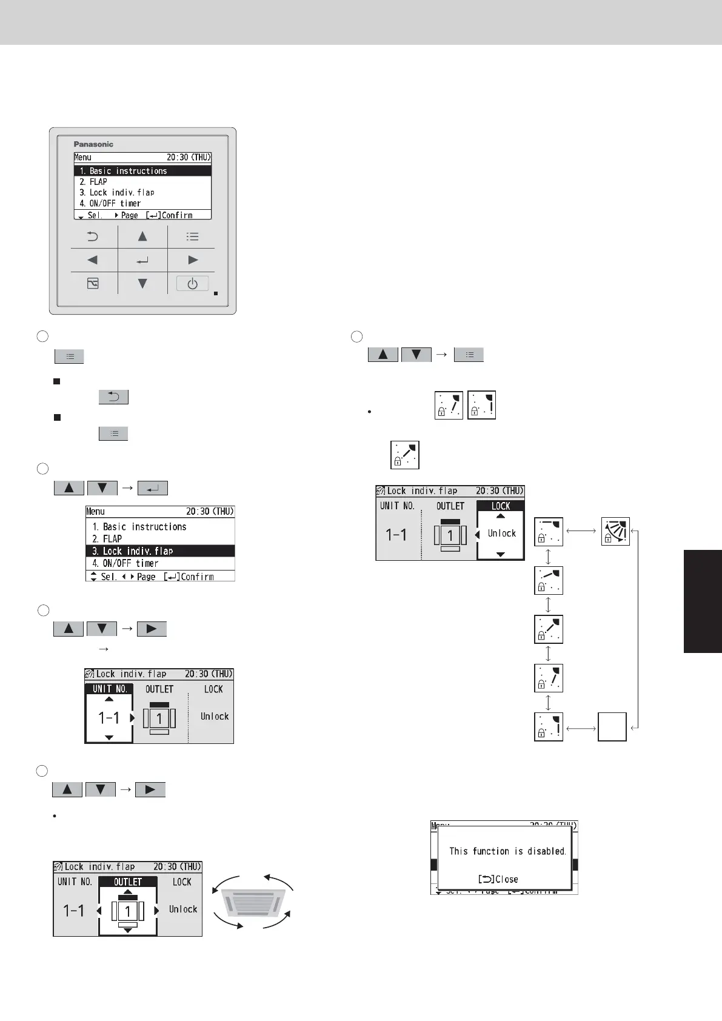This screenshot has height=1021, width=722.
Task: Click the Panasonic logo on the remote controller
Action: pos(93,144)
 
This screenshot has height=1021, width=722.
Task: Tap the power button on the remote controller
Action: pos(192,284)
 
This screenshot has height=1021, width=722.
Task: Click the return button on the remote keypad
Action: pos(93,236)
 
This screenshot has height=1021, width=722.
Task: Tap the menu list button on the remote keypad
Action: pos(192,236)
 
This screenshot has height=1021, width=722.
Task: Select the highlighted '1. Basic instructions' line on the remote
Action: pos(142,171)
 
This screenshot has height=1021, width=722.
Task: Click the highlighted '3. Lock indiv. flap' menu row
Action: pos(161,551)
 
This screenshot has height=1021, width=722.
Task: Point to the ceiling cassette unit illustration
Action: pos(253,902)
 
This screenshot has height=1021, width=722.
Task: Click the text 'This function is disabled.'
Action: pos(507,851)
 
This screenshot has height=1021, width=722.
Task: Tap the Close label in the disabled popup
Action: pos(498,879)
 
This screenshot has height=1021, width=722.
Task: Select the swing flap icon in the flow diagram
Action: pos(615,531)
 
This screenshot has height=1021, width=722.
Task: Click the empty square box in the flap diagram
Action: pos(612,727)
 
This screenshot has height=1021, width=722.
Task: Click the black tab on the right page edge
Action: pos(703,601)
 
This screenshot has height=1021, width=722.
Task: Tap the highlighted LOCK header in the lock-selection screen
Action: pos(501,506)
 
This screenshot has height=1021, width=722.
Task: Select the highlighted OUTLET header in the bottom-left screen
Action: pos(128,882)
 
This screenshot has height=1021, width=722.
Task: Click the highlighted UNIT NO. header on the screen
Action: pos(109,689)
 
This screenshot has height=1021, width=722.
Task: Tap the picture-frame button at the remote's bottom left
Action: pos(93,284)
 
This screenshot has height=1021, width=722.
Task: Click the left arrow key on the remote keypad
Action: pos(93,260)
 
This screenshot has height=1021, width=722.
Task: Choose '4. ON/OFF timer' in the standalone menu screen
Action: pos(125,563)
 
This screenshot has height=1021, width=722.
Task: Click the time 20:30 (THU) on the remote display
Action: pos(189,157)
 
